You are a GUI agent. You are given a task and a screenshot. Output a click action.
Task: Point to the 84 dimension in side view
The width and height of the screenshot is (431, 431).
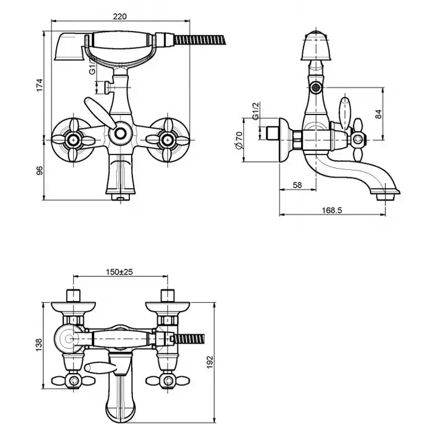click(x=378, y=113)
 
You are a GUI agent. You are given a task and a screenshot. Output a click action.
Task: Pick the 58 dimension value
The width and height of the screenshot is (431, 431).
click(x=297, y=185)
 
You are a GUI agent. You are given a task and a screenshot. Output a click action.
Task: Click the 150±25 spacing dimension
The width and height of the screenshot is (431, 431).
click(x=119, y=271)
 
